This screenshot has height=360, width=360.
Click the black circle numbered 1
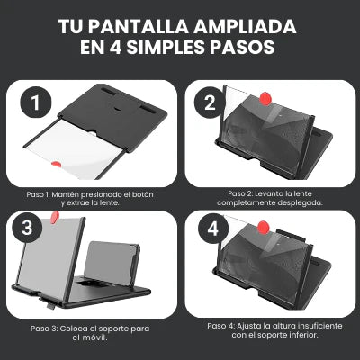coord(35,103)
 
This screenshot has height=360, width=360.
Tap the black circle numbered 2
coord(209,103)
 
